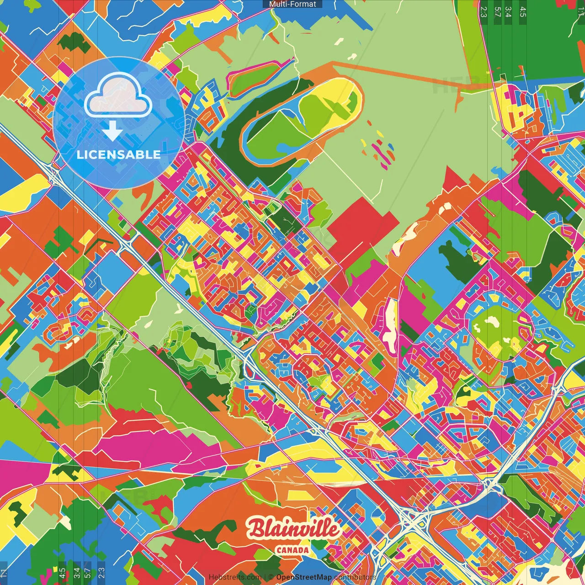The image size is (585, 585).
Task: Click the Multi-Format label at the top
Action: pyautogui.click(x=292, y=4)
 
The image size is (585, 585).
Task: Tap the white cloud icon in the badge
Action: pyautogui.click(x=118, y=95)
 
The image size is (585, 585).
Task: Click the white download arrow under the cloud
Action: pyautogui.click(x=112, y=131)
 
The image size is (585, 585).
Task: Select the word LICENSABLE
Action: pyautogui.click(x=119, y=154)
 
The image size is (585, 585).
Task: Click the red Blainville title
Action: pyautogui.click(x=293, y=529)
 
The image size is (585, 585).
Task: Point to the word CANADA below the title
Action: pyautogui.click(x=292, y=550)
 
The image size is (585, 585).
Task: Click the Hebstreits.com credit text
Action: pyautogui.click(x=235, y=577)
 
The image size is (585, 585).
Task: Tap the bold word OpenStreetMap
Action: pyautogui.click(x=304, y=577)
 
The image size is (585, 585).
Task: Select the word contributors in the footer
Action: pyautogui.click(x=355, y=577)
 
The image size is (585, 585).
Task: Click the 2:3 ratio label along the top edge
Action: pyautogui.click(x=484, y=11)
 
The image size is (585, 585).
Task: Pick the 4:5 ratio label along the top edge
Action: pyautogui.click(x=523, y=11)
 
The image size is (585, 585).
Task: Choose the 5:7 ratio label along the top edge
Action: pyautogui.click(x=497, y=11)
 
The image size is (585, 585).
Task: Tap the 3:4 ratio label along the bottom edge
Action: pyautogui.click(x=76, y=573)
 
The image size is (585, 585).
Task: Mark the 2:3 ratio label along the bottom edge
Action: pyautogui.click(x=101, y=573)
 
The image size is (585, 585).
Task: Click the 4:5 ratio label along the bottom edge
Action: pyautogui.click(x=62, y=573)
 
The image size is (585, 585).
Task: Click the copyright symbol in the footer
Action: pyautogui.click(x=271, y=577)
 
